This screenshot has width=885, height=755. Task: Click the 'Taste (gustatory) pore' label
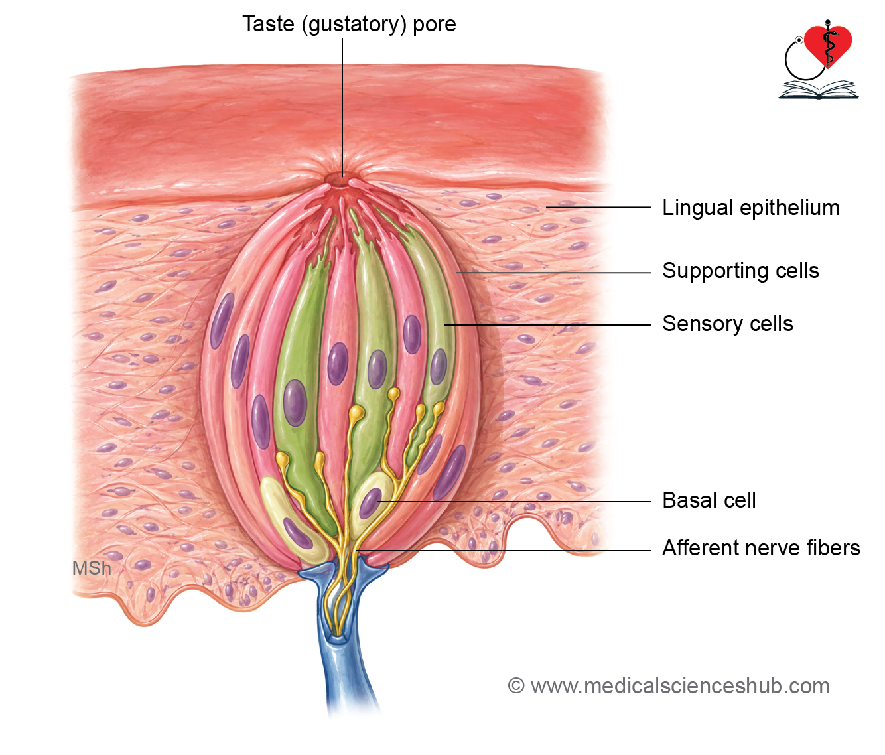point(350,24)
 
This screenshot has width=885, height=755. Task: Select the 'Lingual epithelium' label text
point(750,208)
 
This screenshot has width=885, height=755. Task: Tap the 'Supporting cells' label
point(741,271)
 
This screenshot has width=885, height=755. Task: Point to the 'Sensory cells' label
point(728,324)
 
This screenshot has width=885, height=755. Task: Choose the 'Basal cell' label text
point(709,500)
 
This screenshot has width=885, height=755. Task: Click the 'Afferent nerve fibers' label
point(761,548)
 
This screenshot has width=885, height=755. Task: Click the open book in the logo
point(818,90)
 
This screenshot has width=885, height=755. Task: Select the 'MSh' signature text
point(92,569)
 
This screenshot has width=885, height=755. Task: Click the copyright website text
point(669,686)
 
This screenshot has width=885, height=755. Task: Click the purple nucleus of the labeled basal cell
point(370,503)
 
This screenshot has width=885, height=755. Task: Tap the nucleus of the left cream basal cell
point(298,533)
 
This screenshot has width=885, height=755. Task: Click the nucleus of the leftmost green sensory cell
point(295,403)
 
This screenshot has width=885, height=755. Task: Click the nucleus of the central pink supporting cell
point(338,364)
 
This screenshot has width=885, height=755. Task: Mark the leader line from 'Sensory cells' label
point(547,325)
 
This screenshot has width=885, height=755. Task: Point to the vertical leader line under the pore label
point(342,107)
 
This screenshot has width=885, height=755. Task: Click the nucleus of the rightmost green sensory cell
point(439,367)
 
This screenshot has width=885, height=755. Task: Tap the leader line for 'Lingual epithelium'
point(598,207)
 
